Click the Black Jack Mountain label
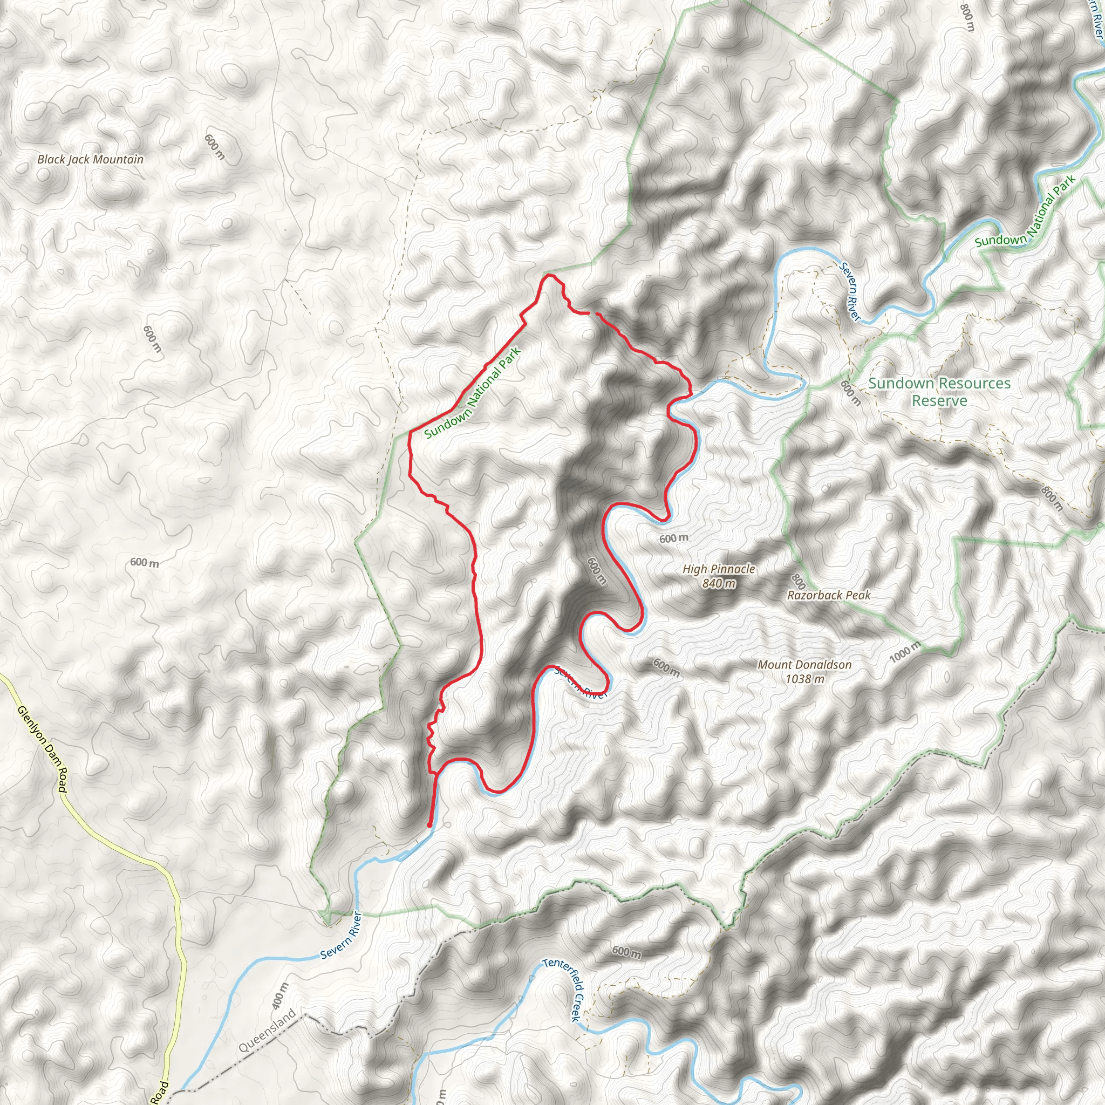coord(90,160)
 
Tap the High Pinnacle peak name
coord(718,569)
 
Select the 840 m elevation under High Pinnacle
coord(718,583)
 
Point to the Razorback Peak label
coord(829,596)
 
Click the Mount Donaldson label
coord(804,665)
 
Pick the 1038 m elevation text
coord(804,679)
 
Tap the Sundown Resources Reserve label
coord(939,392)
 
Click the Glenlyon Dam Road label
coord(43,749)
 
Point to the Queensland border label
coord(267,1031)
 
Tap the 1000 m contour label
coord(905,651)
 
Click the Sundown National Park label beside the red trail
coord(473,393)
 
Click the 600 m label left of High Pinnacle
coord(674,538)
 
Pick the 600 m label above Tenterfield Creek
coord(626,951)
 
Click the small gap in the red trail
coord(592,313)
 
